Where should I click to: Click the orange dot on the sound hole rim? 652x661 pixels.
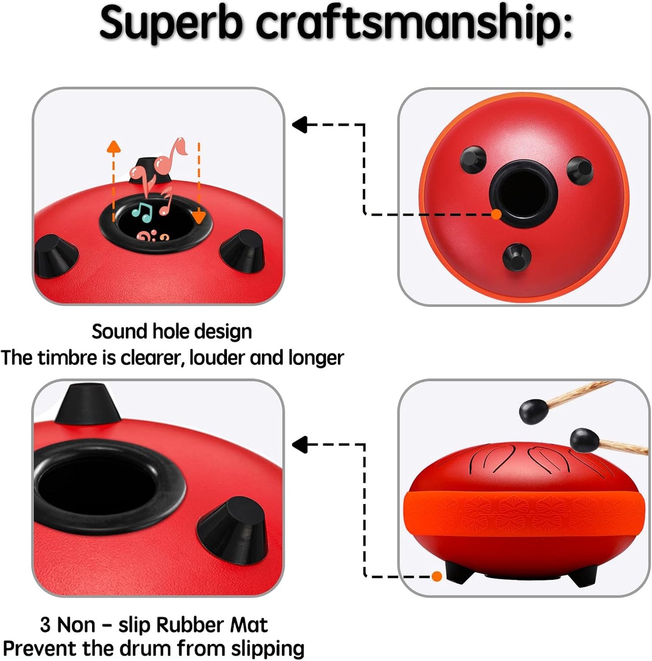(496, 214)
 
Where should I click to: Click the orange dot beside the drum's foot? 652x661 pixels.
(437, 576)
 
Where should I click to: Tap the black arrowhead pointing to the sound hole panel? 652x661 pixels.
(299, 124)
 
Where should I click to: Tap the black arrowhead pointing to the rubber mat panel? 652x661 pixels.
(299, 444)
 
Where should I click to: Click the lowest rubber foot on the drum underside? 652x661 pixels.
(517, 257)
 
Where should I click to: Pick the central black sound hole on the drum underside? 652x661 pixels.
(523, 194)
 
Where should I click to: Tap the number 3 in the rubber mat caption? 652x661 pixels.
(46, 624)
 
